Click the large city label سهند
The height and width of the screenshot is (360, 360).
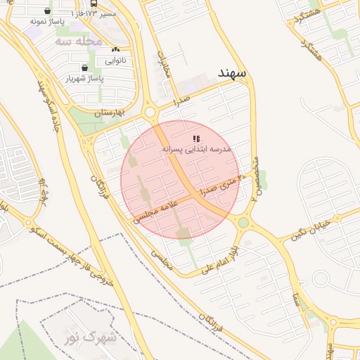coord(224,72)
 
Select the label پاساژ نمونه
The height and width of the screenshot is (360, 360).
coord(48,22)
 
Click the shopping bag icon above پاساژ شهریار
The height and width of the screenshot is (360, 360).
coord(84,67)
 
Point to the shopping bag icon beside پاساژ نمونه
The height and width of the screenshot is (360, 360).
coord(47,11)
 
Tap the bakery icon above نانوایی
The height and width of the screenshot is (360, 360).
coord(115,49)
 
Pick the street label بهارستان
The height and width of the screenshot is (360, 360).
coord(109,112)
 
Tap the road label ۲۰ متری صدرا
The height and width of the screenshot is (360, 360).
coord(224,184)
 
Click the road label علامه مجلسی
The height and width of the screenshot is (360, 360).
coord(157,210)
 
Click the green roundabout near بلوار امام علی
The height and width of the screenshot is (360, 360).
coord(243,223)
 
